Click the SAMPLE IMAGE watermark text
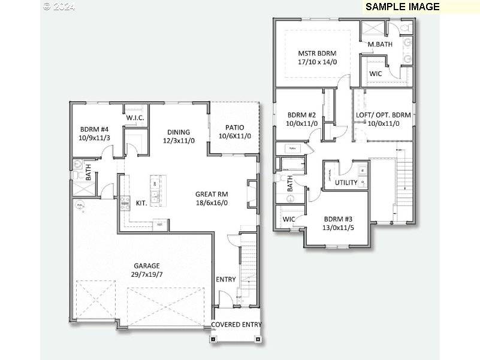(x=402, y=7)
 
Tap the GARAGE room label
(x=147, y=265)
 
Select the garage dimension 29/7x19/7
(x=147, y=274)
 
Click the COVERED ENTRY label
(x=236, y=325)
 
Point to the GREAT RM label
(x=212, y=194)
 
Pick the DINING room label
(x=179, y=132)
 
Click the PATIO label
(x=234, y=128)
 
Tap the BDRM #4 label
(x=95, y=129)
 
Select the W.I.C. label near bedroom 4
(x=135, y=117)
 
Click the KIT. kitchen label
(x=141, y=203)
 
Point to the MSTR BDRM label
(x=318, y=53)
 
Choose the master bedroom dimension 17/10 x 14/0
(x=318, y=62)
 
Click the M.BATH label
(x=379, y=44)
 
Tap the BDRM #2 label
(x=301, y=115)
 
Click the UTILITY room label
(x=346, y=183)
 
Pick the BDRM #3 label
(x=339, y=219)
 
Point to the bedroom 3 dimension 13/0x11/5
(x=339, y=228)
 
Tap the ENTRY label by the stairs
(x=226, y=280)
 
